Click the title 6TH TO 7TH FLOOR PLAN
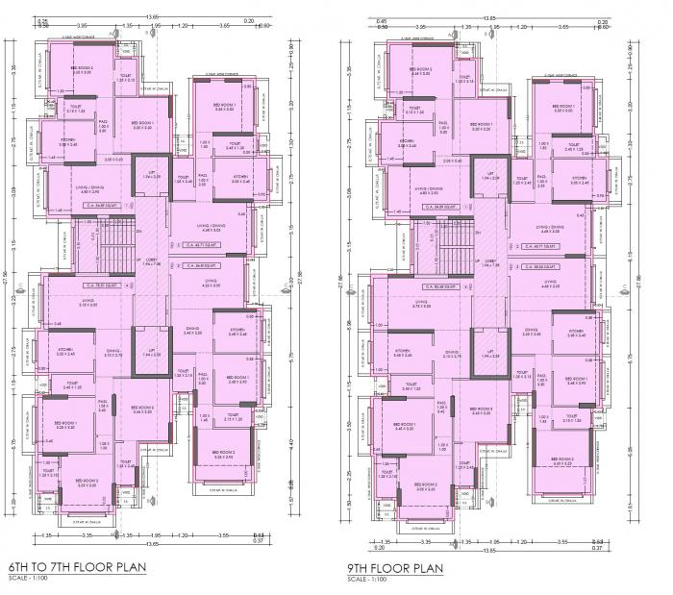[x=76, y=567]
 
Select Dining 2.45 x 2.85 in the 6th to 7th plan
[x=193, y=333]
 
